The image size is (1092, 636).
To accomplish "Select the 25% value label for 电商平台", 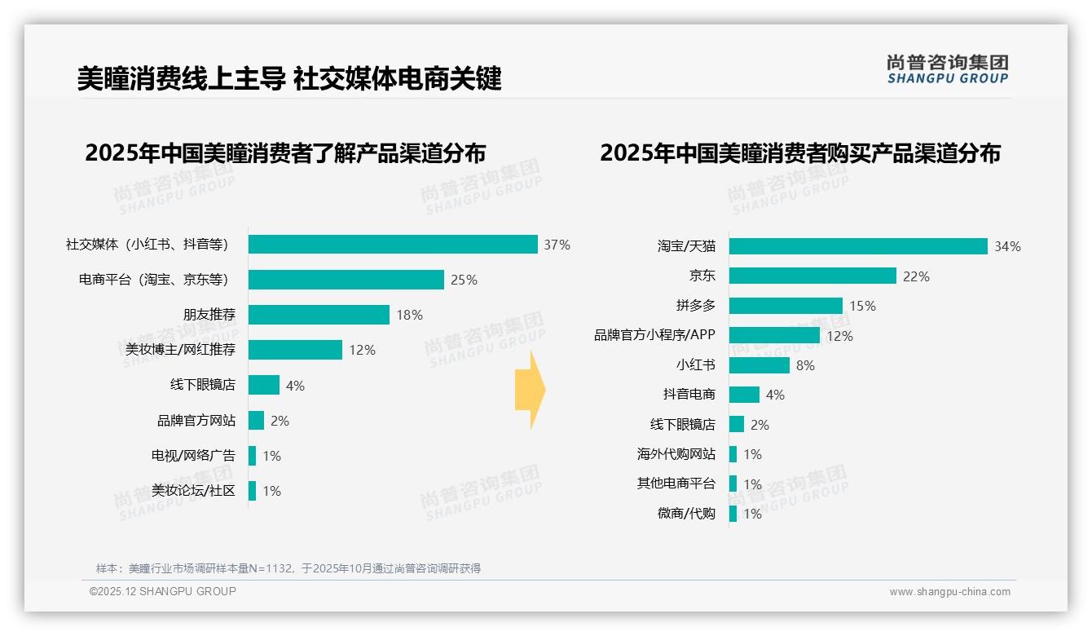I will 464,280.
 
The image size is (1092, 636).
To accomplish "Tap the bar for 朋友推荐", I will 319,315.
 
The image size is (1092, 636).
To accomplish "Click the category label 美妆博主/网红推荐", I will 180,350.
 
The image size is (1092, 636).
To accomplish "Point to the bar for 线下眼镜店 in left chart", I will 264,385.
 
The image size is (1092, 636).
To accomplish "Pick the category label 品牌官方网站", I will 196,421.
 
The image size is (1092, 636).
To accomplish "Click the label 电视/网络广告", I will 193,456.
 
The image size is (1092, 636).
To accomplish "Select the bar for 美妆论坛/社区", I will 253,491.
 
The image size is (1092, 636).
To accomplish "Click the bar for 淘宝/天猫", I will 858,246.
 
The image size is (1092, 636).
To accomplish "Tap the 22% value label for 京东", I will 916,276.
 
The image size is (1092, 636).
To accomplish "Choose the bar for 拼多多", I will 786,306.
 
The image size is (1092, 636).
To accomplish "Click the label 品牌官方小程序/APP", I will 654,335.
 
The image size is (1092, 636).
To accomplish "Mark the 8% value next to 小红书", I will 805,365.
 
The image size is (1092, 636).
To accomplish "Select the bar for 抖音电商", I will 744,395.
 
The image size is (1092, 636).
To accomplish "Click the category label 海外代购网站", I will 676,454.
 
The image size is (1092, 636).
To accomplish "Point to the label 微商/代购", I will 686,514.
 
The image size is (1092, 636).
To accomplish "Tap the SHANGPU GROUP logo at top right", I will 947,69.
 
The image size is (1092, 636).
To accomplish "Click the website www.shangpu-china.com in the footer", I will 949,592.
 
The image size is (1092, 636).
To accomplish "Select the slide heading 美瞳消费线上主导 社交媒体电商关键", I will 289,78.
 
